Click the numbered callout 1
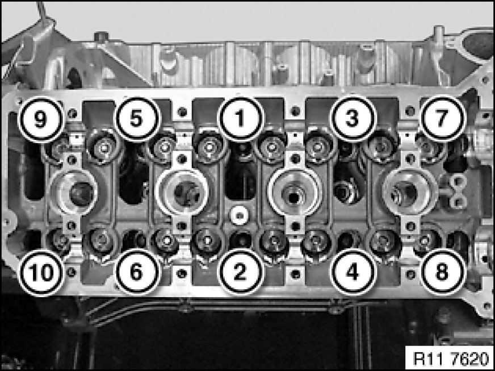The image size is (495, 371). tap(241, 119)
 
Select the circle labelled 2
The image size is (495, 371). tap(240, 272)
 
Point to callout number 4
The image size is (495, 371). tap(353, 272)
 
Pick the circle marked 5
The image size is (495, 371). tap(136, 119)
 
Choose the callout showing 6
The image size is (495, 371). tap(136, 272)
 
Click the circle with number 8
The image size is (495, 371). tap(442, 272)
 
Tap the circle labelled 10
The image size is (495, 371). tap(41, 272)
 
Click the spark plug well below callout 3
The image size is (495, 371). tap(294, 193)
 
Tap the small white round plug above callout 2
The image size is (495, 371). tap(239, 216)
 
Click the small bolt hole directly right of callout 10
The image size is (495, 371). tap(72, 272)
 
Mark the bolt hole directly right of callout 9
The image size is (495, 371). tap(73, 113)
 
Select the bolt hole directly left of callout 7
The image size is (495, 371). tap(410, 111)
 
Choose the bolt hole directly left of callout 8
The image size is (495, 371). tap(410, 274)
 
